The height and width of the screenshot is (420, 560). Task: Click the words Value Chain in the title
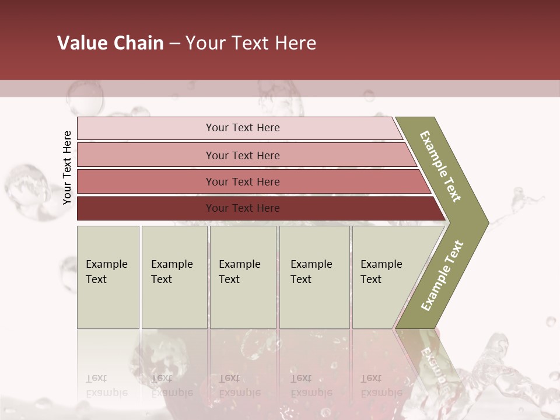(110, 43)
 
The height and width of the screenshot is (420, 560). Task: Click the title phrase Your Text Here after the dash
(251, 43)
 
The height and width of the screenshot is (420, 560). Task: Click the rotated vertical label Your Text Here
(67, 167)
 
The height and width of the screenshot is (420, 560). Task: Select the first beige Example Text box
(108, 277)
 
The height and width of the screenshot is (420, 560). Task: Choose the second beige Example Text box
(174, 277)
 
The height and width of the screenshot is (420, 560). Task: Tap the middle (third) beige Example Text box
(243, 277)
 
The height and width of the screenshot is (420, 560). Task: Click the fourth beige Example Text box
(314, 277)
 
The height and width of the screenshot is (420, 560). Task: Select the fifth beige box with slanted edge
(385, 277)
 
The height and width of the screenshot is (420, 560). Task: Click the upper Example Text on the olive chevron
(440, 166)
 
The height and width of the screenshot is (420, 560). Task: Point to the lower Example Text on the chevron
(442, 276)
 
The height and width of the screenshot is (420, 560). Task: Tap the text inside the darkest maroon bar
(243, 208)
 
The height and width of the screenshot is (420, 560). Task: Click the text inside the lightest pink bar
(243, 128)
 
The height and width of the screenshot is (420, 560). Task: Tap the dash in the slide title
(174, 44)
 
